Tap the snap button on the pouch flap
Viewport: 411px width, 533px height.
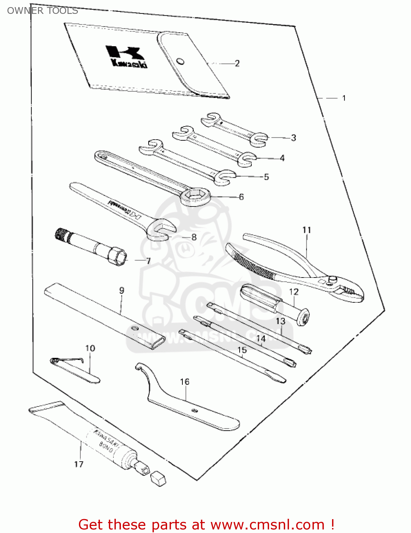(181, 61)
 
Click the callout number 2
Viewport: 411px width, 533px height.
(237, 64)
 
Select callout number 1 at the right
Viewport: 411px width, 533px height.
(344, 98)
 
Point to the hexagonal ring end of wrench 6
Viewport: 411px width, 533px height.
(194, 196)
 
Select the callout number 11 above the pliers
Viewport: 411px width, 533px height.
(306, 230)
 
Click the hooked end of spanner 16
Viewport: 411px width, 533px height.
(140, 367)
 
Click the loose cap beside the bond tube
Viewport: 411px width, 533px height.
(158, 479)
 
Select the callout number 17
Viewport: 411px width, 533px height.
(79, 464)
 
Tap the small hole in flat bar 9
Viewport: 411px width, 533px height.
(134, 328)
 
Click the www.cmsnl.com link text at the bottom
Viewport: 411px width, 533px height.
(267, 525)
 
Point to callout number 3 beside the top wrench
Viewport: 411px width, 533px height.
(293, 138)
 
